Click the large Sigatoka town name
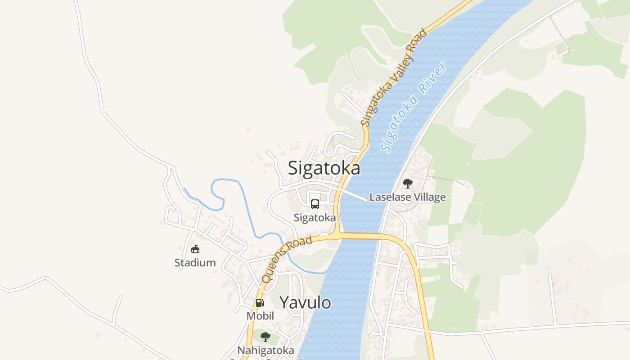click(324, 168)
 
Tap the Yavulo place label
click(305, 302)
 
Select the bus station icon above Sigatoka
click(315, 204)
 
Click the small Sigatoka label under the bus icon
click(315, 218)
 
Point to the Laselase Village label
click(407, 197)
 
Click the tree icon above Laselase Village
click(407, 184)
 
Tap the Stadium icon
click(195, 249)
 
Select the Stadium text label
click(195, 263)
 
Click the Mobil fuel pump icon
click(260, 303)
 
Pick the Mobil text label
click(260, 316)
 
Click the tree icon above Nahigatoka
click(265, 337)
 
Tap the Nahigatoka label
click(266, 350)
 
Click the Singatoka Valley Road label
click(393, 78)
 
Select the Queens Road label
click(287, 260)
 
